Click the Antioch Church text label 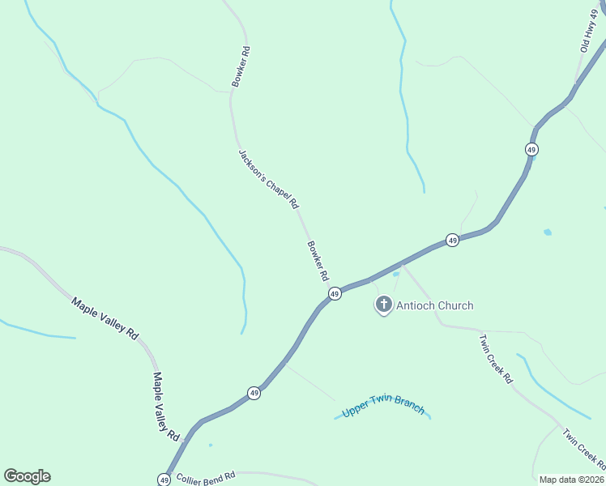[x=434, y=305]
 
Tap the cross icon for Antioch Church [x=384, y=305]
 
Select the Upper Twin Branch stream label [x=383, y=406]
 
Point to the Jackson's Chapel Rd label [x=268, y=179]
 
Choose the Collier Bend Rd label [x=206, y=477]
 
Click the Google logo [x=27, y=476]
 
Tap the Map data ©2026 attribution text [x=571, y=480]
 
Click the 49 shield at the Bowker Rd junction [x=335, y=294]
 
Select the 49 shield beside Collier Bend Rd [x=164, y=480]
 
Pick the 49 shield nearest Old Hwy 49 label [x=531, y=150]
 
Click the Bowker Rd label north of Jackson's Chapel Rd [x=241, y=66]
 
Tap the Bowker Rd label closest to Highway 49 [x=318, y=260]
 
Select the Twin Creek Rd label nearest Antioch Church [x=496, y=359]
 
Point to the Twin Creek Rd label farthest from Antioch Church [x=584, y=450]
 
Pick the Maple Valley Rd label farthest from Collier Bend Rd [x=105, y=318]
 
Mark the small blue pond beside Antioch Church [x=395, y=274]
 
